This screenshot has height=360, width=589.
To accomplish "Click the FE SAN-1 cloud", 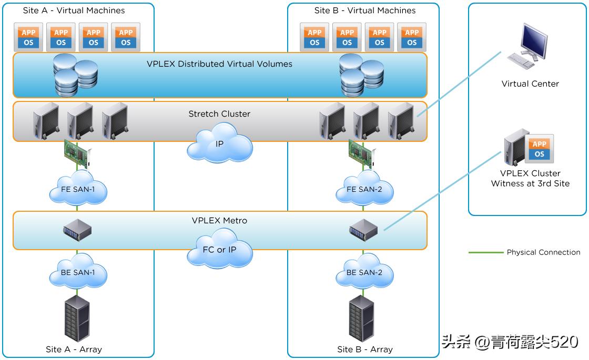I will tap(78, 190).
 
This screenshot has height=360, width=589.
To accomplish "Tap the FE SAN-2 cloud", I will tap(364, 190).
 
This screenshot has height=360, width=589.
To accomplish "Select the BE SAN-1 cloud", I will tap(78, 272).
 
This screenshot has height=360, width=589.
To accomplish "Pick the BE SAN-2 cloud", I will tap(364, 272).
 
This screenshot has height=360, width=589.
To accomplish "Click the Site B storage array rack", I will tap(362, 318).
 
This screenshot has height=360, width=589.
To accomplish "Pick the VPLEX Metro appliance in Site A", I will tap(77, 230).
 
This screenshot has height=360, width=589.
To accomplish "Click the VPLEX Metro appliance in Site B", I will tap(364, 230).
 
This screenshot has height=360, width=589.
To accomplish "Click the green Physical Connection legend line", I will tap(486, 252).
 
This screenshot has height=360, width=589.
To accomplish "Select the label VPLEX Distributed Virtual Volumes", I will tap(219, 64).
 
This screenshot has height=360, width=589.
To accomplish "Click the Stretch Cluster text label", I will tap(219, 114).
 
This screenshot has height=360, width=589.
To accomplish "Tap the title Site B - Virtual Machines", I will tap(364, 11).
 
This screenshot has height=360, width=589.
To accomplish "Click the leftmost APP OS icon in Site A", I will tap(29, 37).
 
